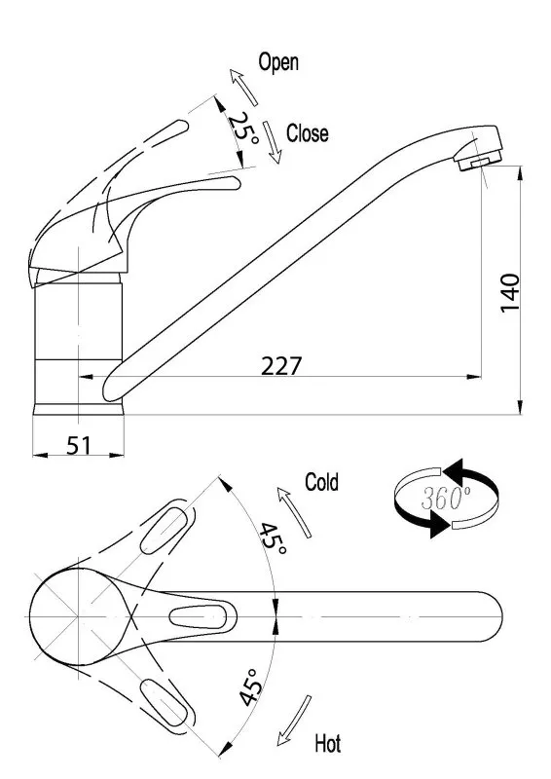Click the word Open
pyautogui.click(x=278, y=63)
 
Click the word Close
pyautogui.click(x=307, y=133)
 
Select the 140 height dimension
pyautogui.click(x=510, y=292)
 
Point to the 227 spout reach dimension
pyautogui.click(x=281, y=366)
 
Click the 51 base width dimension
pyautogui.click(x=79, y=445)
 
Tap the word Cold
pyautogui.click(x=321, y=482)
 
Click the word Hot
pyautogui.click(x=328, y=744)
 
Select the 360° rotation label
pyautogui.click(x=446, y=498)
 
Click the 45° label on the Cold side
pyautogui.click(x=273, y=539)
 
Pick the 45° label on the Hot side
pyautogui.click(x=250, y=687)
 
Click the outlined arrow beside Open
pyautogui.click(x=243, y=88)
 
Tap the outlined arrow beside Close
pyautogui.click(x=273, y=142)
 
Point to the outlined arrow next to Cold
pyautogui.click(x=294, y=512)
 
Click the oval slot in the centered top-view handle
pyautogui.click(x=198, y=616)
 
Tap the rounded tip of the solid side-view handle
pyautogui.click(x=235, y=183)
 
